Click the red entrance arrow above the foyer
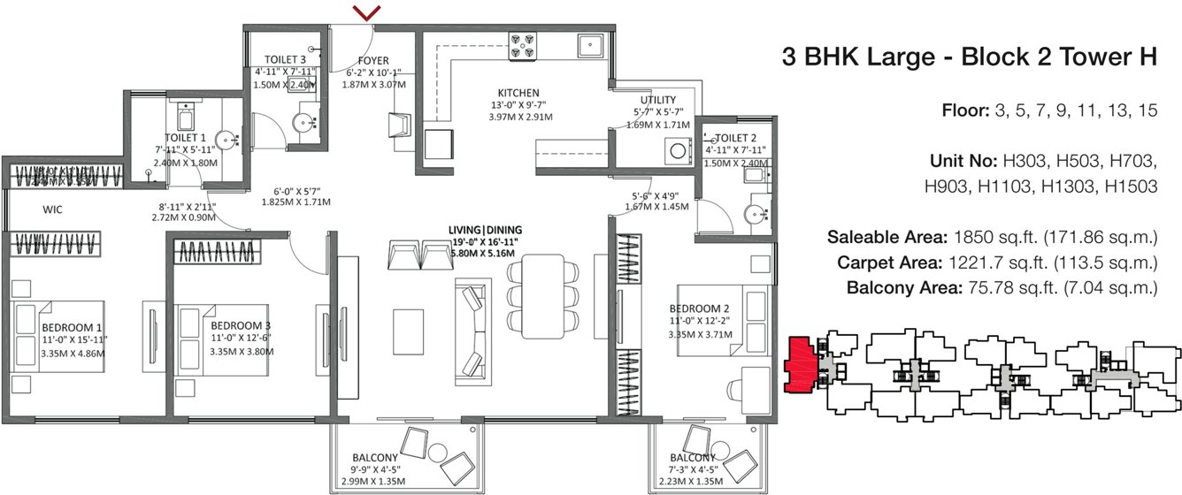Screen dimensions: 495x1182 coord(367,12)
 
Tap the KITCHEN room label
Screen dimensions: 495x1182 coord(518,93)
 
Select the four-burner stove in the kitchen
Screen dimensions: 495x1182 coord(521,46)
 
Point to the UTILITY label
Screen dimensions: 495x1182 coord(658,100)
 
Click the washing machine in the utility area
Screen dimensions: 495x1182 coord(679,151)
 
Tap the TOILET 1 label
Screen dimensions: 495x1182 coord(186,138)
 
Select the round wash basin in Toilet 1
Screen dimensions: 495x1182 coord(226,139)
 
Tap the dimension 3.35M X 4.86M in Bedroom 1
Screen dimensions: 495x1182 coord(73,353)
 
